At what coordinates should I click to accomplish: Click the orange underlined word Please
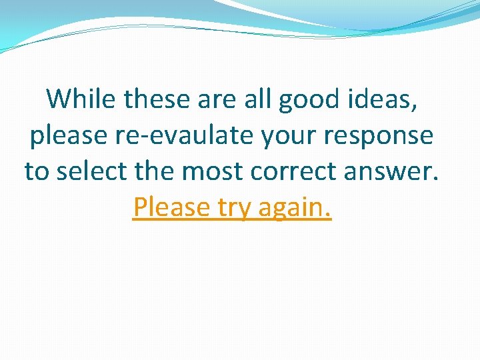tap(171, 207)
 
